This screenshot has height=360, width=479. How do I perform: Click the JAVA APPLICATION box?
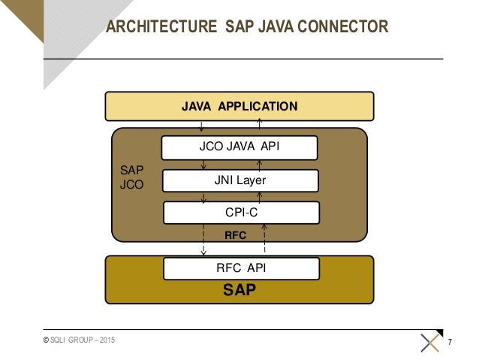click(239, 106)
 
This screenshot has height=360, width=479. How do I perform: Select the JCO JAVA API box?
click(239, 147)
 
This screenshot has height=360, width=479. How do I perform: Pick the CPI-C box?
click(238, 213)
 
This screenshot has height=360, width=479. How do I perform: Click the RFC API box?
click(241, 268)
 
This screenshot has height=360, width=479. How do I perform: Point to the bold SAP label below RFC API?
click(239, 289)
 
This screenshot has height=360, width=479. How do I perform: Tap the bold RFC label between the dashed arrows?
click(236, 235)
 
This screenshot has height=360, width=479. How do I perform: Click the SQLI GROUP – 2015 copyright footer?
click(80, 342)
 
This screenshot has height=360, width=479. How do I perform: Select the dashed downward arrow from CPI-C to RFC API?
click(203, 241)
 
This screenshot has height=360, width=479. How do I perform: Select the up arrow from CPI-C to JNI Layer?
click(261, 197)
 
